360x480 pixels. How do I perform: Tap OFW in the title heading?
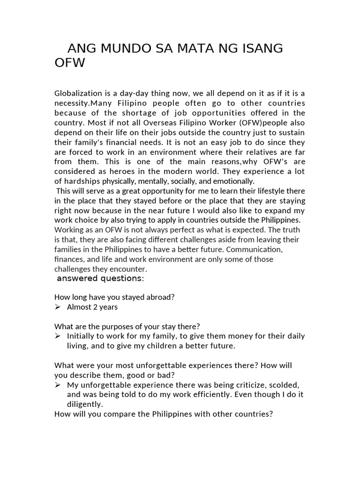pos(70,63)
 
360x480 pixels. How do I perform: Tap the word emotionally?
pos(232,181)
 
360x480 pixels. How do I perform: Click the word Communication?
pos(255,249)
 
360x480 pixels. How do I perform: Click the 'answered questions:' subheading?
pos(100,279)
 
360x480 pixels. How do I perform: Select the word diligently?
pos(84,404)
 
